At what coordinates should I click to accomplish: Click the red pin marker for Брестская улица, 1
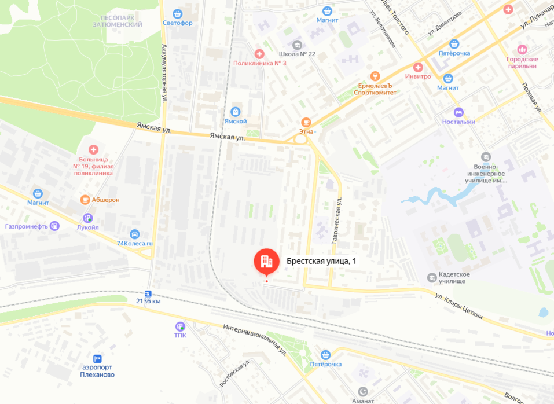(266, 262)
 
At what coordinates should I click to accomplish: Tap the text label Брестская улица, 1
(321, 262)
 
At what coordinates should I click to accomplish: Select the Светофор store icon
(177, 13)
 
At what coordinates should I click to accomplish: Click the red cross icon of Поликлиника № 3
(259, 53)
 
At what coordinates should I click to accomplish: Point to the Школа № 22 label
(297, 54)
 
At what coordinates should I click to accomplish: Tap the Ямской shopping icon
(236, 111)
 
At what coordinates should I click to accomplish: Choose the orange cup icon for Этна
(306, 122)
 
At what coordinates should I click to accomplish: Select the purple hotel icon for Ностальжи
(458, 112)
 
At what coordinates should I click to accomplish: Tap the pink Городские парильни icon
(522, 50)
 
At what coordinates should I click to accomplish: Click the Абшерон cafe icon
(85, 200)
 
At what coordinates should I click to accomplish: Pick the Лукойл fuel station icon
(88, 218)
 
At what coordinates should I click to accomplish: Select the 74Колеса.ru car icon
(134, 234)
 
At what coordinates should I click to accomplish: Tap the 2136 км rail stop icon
(148, 293)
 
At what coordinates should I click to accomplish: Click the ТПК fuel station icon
(180, 326)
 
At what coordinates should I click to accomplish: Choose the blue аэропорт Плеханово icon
(97, 359)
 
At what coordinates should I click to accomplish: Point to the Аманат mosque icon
(363, 391)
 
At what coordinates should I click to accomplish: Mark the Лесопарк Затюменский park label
(118, 21)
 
